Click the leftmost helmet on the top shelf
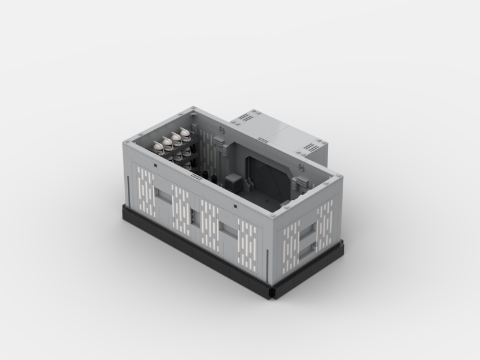[x=158, y=146]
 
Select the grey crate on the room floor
[x=233, y=181]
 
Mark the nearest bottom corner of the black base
[x=275, y=293]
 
